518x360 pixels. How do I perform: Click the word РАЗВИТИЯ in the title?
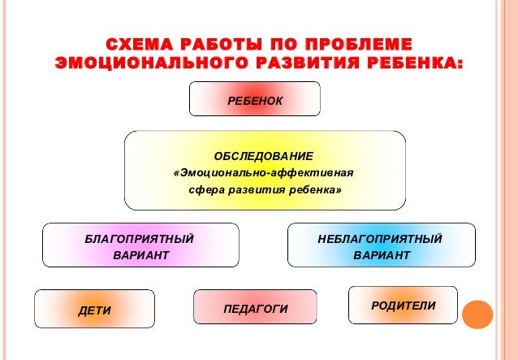[x=312, y=63]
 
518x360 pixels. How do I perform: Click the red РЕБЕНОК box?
[x=255, y=99]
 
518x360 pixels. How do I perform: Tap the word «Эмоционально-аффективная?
[x=263, y=172]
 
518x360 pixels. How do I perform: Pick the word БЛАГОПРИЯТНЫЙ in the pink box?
[x=140, y=239]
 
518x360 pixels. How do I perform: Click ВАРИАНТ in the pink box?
[x=140, y=256]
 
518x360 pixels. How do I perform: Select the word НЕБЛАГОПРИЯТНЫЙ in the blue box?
[x=381, y=239]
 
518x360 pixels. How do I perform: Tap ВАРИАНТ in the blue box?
[x=382, y=256]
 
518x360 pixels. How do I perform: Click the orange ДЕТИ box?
[x=95, y=310]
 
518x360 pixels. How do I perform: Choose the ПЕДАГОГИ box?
[x=256, y=309]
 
